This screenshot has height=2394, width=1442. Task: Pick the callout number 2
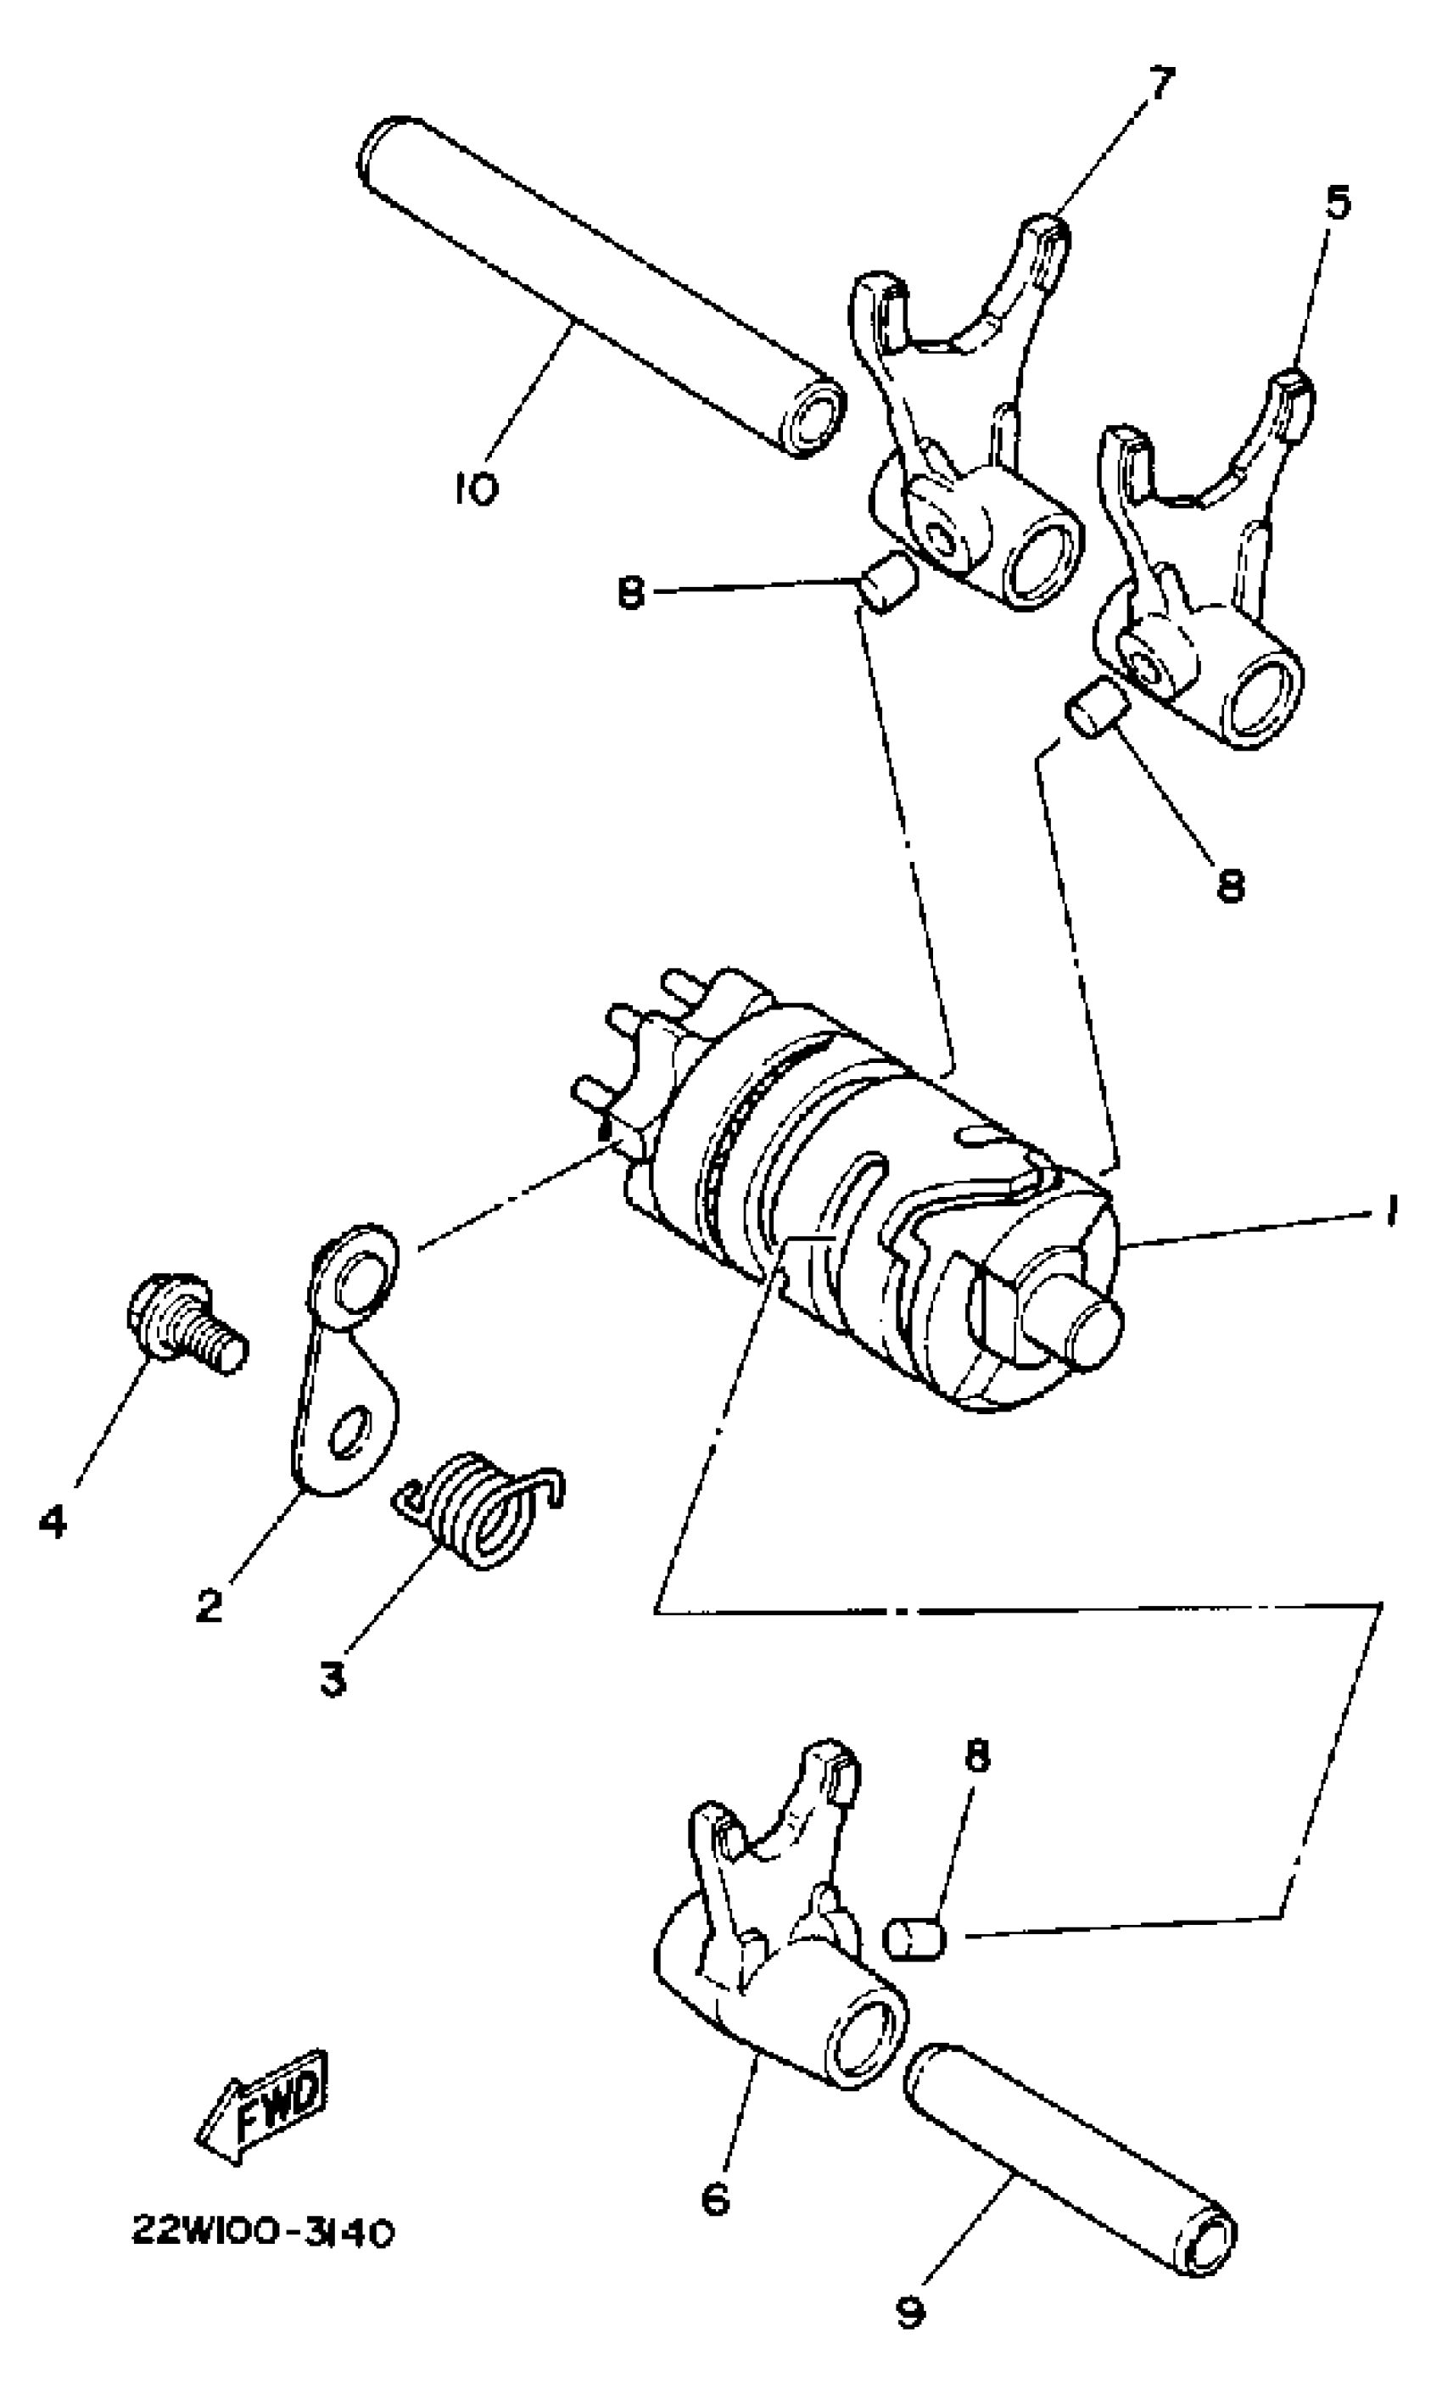(209, 1605)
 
